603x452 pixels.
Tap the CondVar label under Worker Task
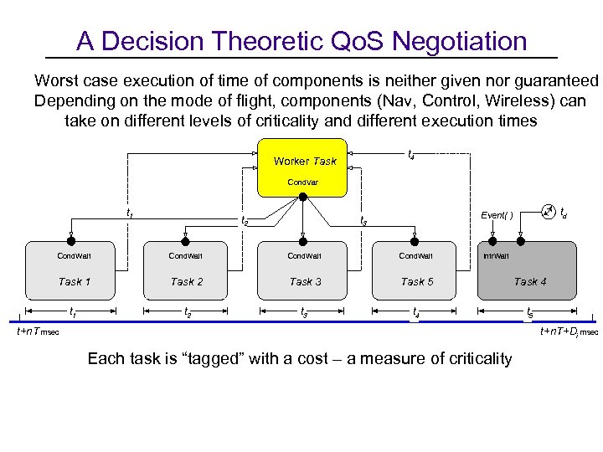(303, 182)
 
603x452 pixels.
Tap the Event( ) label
(497, 214)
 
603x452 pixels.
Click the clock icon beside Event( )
(548, 211)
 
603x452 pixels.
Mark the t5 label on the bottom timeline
(529, 314)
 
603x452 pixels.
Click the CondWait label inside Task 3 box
(305, 256)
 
